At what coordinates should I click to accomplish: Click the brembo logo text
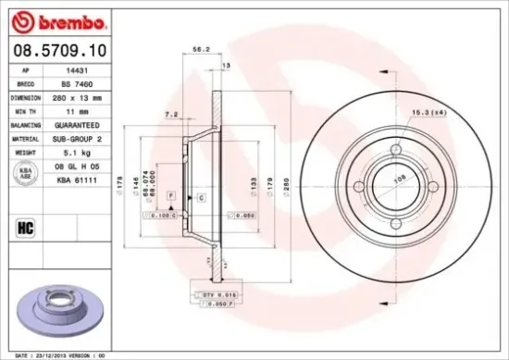click(60, 20)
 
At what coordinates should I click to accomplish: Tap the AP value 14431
click(79, 69)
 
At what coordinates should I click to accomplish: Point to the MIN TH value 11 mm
click(80, 109)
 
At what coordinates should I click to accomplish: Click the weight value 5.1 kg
click(80, 150)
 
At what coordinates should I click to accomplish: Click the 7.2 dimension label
click(169, 115)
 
